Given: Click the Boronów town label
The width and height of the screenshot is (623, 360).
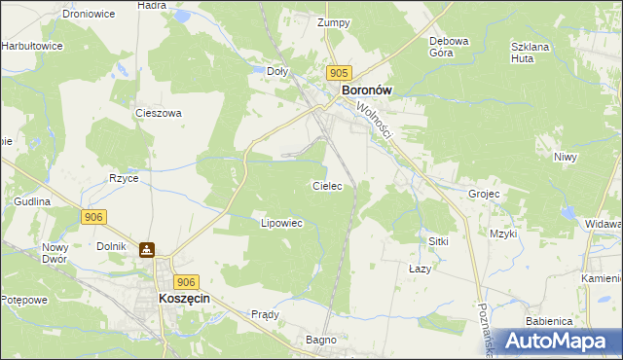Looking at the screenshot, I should point(366,90).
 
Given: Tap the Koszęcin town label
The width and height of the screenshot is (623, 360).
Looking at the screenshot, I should point(185,301).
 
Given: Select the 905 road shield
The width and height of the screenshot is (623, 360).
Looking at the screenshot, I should point(339,73).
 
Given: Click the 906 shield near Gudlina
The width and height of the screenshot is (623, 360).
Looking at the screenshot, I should point(93,216).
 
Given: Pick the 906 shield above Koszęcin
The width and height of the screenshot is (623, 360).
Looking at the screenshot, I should point(188,280).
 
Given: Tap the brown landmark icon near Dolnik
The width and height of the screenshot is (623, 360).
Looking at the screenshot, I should point(147,250).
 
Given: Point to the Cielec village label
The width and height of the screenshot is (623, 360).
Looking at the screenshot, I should point(326,185).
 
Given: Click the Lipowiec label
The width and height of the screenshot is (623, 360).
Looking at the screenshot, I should point(282,223).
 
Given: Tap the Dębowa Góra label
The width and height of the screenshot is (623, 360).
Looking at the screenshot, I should point(450,47).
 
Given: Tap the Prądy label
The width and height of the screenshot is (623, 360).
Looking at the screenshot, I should point(265,314).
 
